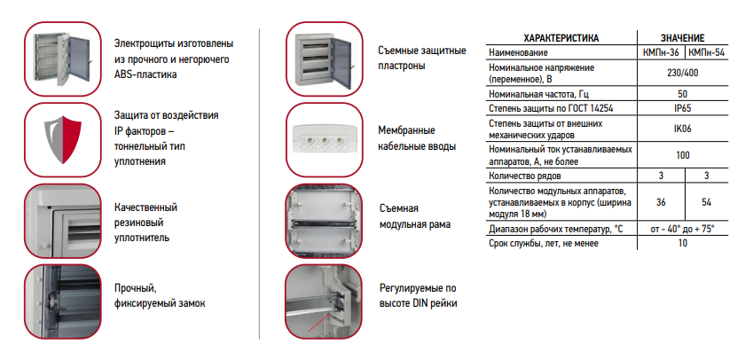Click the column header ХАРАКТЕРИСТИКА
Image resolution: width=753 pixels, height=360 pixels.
(561, 38)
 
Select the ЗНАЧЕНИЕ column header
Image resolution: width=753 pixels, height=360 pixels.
(682, 38)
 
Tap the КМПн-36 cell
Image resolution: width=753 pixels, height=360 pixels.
(661, 52)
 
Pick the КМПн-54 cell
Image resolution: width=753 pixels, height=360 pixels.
(706, 52)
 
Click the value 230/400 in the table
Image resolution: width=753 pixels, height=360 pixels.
(682, 73)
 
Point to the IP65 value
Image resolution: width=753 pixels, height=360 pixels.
(682, 108)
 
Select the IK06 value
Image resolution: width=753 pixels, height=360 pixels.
(682, 129)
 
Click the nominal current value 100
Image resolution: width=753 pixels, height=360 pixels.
(682, 155)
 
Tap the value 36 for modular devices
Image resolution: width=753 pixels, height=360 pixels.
(661, 202)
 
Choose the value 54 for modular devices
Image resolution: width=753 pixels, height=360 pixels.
(706, 202)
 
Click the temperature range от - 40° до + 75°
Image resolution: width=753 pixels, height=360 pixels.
(682, 229)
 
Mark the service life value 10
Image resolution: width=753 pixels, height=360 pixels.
(682, 243)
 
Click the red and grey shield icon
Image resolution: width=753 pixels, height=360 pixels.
(63, 139)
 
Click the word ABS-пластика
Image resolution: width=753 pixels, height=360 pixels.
(145, 74)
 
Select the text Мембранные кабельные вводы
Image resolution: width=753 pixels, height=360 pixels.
(417, 138)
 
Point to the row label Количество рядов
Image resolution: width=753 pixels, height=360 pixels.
(524, 176)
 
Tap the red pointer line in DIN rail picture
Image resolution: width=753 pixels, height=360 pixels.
(318, 322)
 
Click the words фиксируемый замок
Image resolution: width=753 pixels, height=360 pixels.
(160, 304)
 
